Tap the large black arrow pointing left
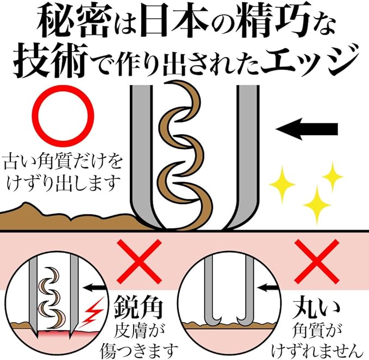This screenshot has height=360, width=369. click(307, 129)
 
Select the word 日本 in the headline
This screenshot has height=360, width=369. click(174, 22)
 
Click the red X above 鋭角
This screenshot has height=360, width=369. click(139, 262)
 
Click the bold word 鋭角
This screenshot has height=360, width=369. click(139, 308)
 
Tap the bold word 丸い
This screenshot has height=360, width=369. click(315, 308)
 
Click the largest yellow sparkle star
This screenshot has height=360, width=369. click(317, 204)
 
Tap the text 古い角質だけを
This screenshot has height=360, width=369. click(63, 162)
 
